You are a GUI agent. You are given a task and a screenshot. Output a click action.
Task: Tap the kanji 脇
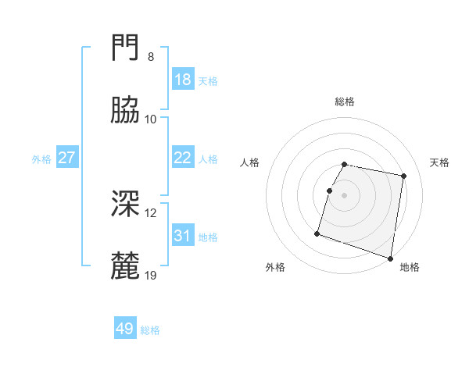[x=125, y=110]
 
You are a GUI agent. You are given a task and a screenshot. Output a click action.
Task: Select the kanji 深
[x=125, y=204]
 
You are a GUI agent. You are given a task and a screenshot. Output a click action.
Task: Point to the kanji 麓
[x=125, y=266]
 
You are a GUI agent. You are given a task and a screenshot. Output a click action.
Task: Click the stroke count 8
[x=150, y=57]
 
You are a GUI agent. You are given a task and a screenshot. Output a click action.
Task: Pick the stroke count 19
[x=152, y=276]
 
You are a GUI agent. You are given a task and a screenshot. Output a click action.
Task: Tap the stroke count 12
[x=152, y=213]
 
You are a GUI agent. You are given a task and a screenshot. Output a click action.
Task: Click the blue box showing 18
[x=182, y=80]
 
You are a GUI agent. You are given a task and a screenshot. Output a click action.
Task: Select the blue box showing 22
[x=182, y=158]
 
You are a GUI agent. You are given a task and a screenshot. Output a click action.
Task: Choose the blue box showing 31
[x=182, y=236]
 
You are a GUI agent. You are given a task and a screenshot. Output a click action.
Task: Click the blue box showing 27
[x=67, y=158]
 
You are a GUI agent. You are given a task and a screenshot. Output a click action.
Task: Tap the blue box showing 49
[x=125, y=329]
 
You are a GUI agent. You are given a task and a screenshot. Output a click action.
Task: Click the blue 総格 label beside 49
[x=151, y=330]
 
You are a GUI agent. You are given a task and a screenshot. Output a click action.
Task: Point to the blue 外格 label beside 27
[x=41, y=159]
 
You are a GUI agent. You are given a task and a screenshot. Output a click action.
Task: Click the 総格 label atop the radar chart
[x=345, y=102]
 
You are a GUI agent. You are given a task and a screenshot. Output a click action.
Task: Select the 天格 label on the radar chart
[x=440, y=162]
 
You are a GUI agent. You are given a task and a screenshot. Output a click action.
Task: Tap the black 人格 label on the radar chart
[x=250, y=162]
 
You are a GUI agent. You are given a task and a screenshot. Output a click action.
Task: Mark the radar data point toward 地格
[x=390, y=258]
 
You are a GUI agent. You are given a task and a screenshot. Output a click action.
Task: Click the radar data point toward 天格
[x=403, y=176]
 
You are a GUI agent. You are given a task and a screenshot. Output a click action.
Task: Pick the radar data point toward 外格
[x=317, y=233]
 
